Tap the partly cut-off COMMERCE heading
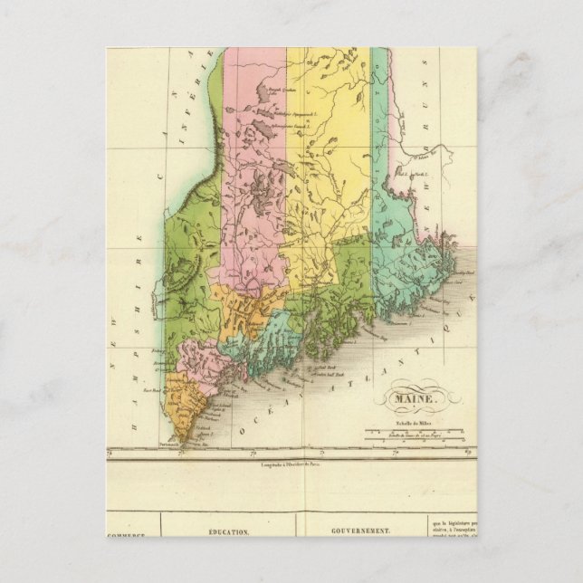coord(126,536)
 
